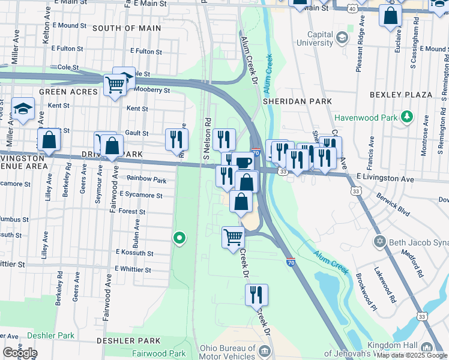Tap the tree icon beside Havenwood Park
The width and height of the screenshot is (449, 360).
(408, 116)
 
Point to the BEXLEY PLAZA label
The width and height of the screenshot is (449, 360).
(401, 95)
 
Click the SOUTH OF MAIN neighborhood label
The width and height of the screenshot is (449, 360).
(127, 28)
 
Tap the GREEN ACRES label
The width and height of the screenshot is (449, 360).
(68, 92)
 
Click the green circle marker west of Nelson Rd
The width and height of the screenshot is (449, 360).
(179, 238)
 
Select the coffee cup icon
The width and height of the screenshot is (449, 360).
(244, 163)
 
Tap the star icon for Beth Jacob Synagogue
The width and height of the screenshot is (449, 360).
(379, 242)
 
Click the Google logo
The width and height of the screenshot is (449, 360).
(19, 353)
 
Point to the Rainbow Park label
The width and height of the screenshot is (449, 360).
(146, 179)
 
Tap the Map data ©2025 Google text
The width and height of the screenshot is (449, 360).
(411, 354)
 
